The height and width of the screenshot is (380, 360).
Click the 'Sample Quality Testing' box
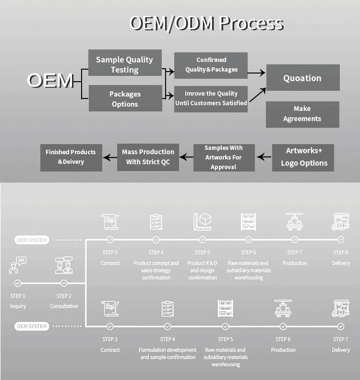(x=125, y=63)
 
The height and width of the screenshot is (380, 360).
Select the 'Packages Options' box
(x=125, y=98)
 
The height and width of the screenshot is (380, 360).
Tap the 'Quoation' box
(x=303, y=77)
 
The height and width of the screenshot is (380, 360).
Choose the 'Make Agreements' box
(x=302, y=114)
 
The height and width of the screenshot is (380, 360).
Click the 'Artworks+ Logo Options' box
(x=303, y=158)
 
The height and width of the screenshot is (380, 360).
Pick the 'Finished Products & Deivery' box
(x=71, y=158)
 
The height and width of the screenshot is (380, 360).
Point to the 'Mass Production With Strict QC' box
(x=148, y=157)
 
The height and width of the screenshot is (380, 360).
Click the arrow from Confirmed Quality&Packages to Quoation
(x=256, y=73)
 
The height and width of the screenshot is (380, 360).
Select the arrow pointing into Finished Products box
(x=110, y=158)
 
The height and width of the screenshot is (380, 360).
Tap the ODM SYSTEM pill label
(x=32, y=240)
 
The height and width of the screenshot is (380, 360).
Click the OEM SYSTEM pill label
(x=32, y=326)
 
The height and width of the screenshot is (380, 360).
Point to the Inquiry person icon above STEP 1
(x=18, y=265)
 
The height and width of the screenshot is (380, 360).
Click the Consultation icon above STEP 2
(x=64, y=265)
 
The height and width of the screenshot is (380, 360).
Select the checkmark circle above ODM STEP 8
(x=341, y=240)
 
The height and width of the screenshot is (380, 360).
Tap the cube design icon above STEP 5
(x=203, y=221)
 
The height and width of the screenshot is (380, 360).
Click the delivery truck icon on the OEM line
(x=341, y=308)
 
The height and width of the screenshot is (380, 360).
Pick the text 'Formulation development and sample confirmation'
(x=168, y=354)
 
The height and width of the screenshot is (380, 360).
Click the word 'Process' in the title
(x=252, y=23)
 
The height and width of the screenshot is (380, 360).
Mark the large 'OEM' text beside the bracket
(x=50, y=80)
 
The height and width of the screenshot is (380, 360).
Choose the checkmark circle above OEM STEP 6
(x=283, y=327)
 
